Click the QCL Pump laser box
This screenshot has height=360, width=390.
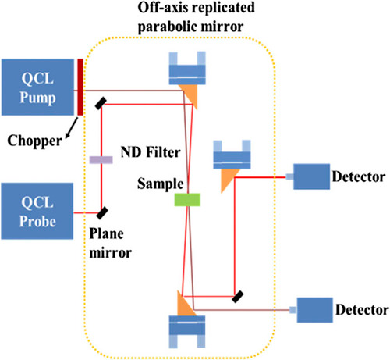point(37,87)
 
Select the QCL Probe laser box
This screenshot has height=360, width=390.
point(37,211)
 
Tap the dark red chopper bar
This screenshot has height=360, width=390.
point(80,87)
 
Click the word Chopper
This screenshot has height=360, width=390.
point(34,141)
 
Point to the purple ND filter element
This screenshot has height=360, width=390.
point(101,160)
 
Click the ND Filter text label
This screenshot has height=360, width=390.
point(151,152)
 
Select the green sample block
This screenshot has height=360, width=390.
point(187,200)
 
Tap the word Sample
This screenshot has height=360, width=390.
point(161,184)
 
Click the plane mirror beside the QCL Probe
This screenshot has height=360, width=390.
point(102,213)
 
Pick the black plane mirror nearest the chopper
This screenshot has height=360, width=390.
point(101,103)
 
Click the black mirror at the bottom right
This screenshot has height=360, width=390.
point(238,297)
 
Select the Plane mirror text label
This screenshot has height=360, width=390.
point(110,243)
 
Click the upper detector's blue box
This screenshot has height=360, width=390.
point(312,176)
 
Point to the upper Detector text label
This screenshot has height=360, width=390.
point(359,176)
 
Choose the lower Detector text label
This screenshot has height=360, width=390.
point(362,310)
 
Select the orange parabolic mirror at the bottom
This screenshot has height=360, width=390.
point(185,305)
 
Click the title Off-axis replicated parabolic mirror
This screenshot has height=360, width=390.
point(196,17)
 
